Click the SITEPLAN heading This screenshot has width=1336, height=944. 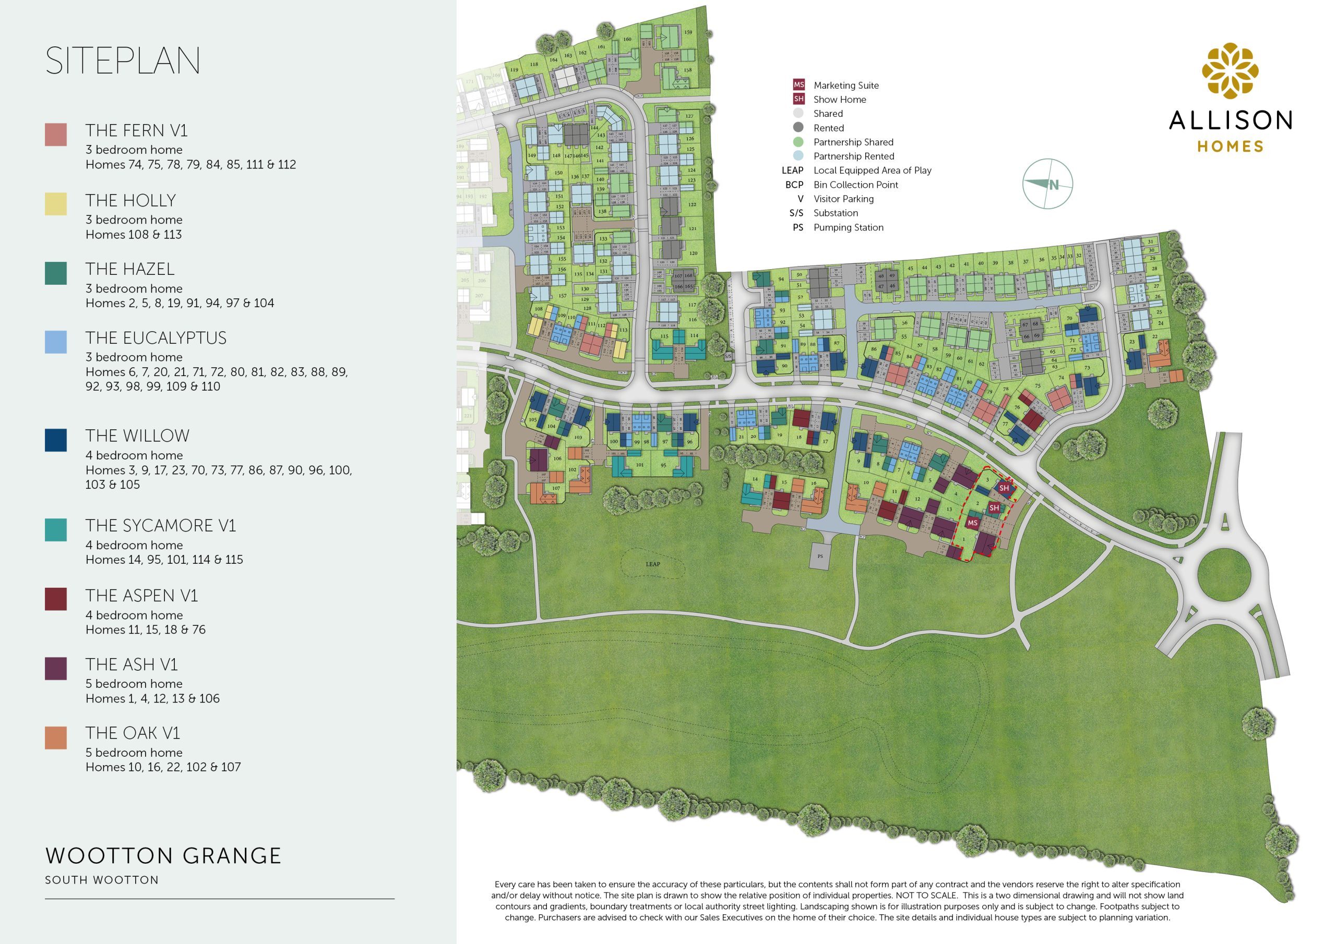[123, 60]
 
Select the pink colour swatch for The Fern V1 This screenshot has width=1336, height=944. [56, 135]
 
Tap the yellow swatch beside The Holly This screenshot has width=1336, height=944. [56, 204]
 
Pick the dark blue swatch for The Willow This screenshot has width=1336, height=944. [56, 440]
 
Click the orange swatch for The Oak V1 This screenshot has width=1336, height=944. [56, 737]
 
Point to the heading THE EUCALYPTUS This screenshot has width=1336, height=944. [156, 338]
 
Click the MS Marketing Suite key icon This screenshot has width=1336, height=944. [798, 85]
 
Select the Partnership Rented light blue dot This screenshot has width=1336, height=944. [798, 156]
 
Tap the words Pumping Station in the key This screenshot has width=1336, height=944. [848, 227]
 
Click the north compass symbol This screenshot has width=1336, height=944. [1047, 184]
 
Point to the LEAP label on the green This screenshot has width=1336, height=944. [653, 564]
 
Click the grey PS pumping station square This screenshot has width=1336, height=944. [820, 556]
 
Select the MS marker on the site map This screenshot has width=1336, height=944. [972, 522]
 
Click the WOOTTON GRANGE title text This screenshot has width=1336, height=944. [163, 855]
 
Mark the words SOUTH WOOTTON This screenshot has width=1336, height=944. [102, 880]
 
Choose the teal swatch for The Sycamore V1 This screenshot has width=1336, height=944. [56, 530]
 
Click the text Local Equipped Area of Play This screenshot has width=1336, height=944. [872, 171]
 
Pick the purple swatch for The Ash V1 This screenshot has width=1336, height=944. [56, 668]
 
